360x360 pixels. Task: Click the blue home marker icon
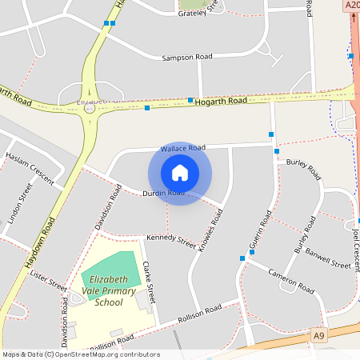click(180, 172)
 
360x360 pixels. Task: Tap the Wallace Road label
click(183, 148)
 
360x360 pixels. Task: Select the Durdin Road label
click(163, 194)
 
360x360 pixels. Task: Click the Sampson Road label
click(187, 58)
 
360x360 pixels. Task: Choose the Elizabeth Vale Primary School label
click(109, 291)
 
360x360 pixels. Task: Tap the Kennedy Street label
click(170, 239)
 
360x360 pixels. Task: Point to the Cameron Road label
click(291, 280)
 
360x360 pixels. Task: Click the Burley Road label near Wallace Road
click(303, 168)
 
